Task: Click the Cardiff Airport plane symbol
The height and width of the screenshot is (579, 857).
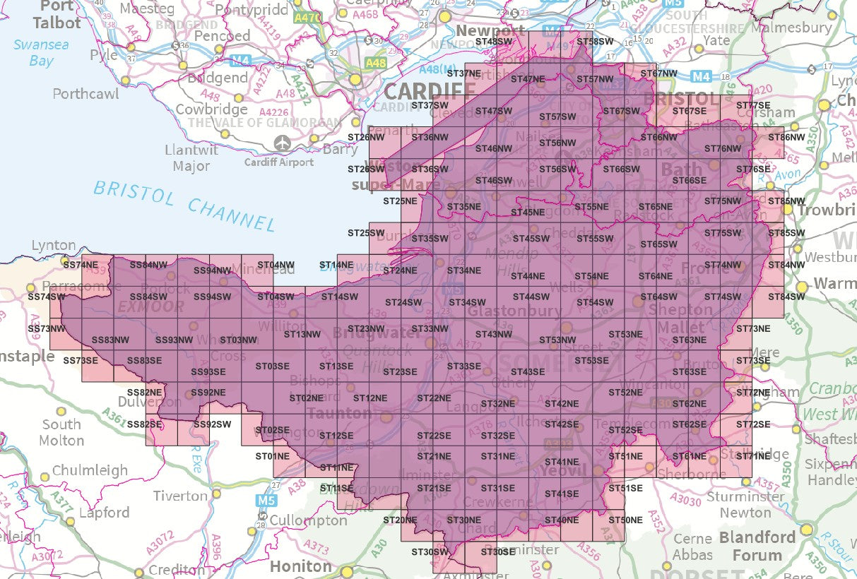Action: click(x=283, y=143)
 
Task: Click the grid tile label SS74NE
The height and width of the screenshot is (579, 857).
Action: click(x=80, y=265)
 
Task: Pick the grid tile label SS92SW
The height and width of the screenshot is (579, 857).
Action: click(x=212, y=424)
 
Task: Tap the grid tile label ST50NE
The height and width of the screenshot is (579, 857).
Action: click(x=625, y=520)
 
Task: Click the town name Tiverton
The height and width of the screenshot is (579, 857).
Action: click(x=181, y=496)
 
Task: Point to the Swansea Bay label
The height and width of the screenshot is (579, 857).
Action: click(x=41, y=53)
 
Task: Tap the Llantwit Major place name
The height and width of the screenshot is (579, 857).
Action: click(x=191, y=158)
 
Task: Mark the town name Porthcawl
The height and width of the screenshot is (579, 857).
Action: click(x=85, y=93)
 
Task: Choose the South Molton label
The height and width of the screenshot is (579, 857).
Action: click(x=61, y=432)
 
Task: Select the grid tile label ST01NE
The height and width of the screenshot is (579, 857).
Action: click(x=272, y=457)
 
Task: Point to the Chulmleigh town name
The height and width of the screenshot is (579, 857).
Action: click(x=90, y=470)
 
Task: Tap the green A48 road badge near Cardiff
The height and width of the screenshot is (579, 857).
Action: click(x=376, y=64)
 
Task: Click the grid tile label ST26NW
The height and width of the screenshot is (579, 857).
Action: click(x=366, y=137)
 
